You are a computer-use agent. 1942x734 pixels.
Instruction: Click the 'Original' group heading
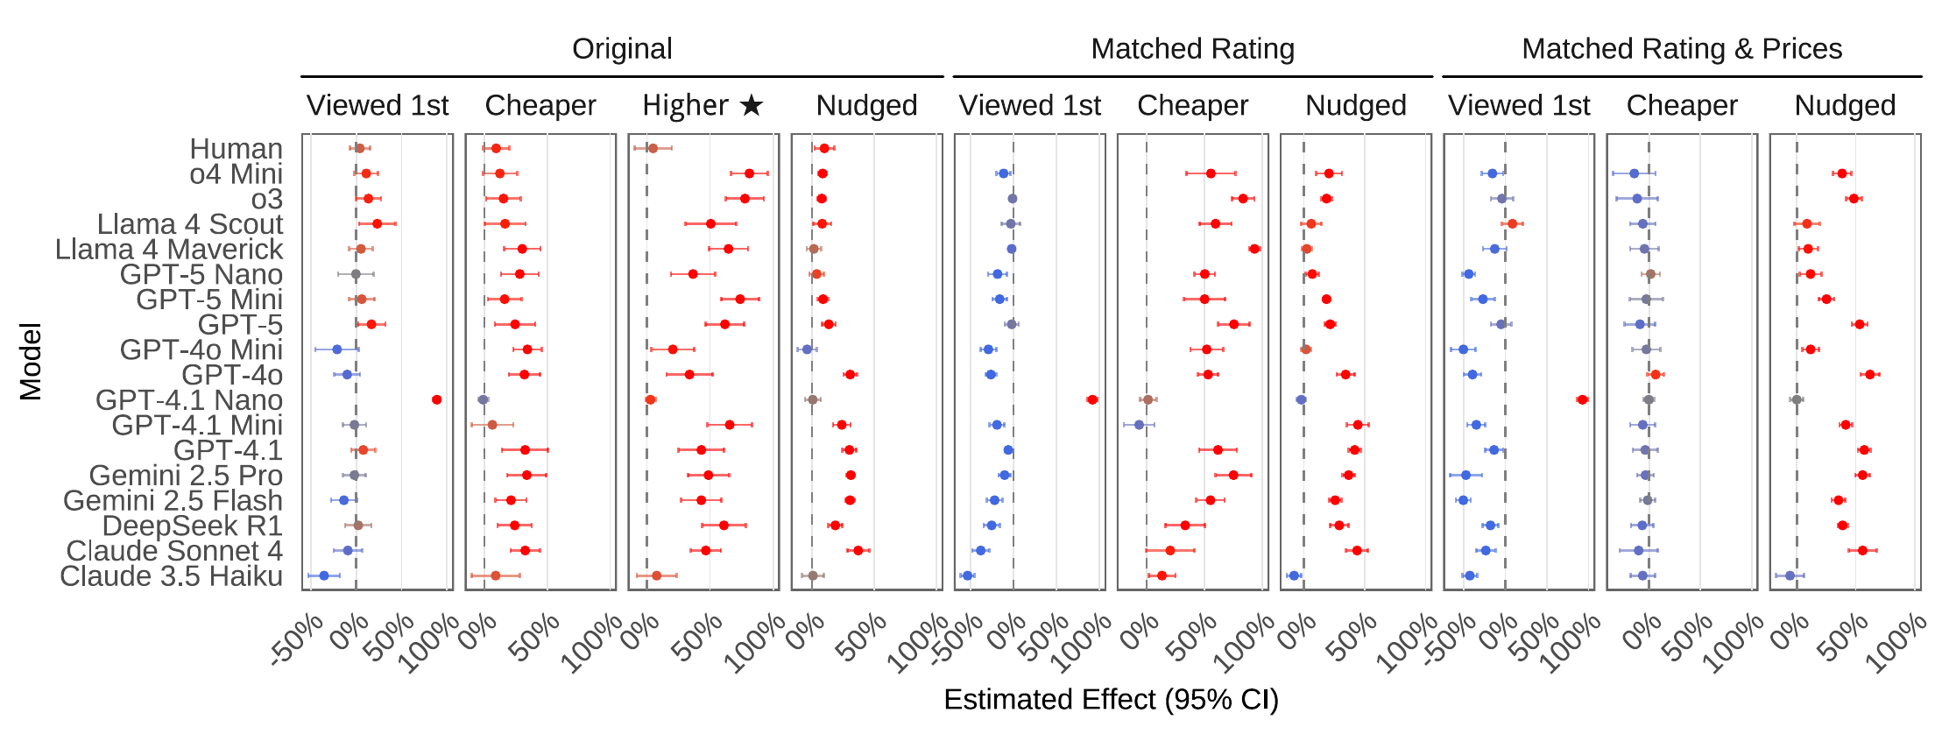tap(622, 49)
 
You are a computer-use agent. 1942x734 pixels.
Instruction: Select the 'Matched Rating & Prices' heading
tap(1682, 49)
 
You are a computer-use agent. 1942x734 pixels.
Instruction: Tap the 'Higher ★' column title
tap(703, 106)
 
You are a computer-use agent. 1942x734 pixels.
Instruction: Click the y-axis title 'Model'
tap(31, 362)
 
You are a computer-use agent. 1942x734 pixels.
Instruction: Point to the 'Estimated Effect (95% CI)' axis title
tap(1111, 700)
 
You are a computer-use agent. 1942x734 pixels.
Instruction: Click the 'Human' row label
tap(236, 149)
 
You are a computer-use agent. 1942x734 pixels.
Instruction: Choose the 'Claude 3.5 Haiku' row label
tap(171, 576)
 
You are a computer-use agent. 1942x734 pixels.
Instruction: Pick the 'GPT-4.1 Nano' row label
tap(188, 400)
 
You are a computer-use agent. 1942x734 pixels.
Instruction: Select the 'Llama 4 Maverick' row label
tap(168, 250)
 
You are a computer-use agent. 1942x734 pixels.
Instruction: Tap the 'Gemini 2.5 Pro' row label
tap(186, 476)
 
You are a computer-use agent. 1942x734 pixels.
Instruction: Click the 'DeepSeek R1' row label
tap(192, 526)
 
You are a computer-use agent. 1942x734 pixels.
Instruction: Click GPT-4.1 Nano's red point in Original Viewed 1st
tap(436, 400)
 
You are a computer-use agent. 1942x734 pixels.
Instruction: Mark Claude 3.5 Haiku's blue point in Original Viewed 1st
tap(324, 576)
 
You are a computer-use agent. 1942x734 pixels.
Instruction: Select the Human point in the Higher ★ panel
tap(653, 148)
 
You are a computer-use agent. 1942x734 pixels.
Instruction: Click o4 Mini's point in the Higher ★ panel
tap(749, 173)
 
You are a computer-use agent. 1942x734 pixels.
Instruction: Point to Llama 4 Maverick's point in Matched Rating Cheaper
tap(1254, 249)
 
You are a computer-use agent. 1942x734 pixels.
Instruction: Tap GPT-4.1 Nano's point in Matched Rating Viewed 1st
tap(1092, 400)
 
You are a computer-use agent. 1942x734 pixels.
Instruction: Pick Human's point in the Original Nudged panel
tap(824, 148)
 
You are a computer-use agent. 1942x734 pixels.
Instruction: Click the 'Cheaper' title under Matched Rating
tap(1192, 106)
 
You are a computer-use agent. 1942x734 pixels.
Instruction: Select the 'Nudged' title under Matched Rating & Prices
tap(1845, 106)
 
